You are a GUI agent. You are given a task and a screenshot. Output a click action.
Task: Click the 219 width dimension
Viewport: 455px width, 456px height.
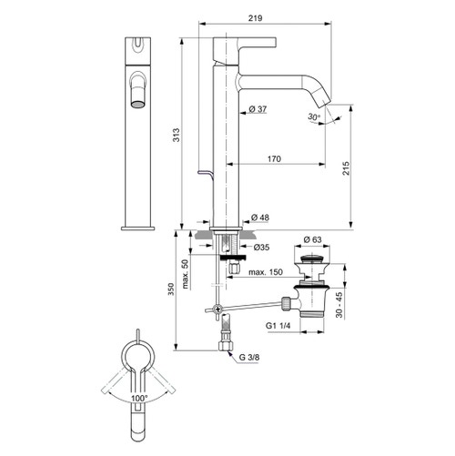click(x=257, y=16)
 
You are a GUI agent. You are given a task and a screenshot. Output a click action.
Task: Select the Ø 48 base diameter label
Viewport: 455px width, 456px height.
click(x=258, y=217)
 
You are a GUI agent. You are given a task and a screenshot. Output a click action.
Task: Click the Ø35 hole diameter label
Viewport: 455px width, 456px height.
click(x=262, y=247)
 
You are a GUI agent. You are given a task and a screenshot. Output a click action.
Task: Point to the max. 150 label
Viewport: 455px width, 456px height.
click(x=264, y=271)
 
